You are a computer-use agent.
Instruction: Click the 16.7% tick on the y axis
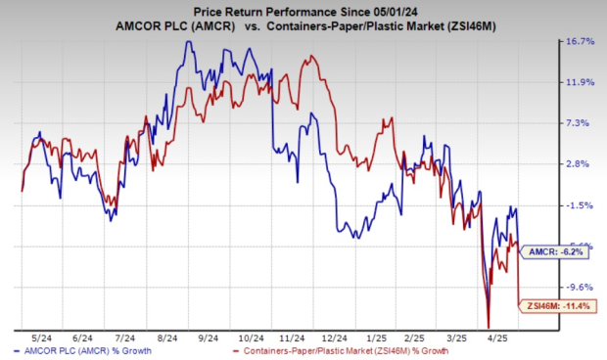(581, 42)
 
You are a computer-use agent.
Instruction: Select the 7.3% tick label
(581, 123)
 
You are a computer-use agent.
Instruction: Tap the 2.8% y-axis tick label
(581, 164)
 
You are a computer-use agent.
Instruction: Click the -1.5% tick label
(581, 205)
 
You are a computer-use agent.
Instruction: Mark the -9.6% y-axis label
(581, 288)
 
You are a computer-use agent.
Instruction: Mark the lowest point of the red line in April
(488, 327)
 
